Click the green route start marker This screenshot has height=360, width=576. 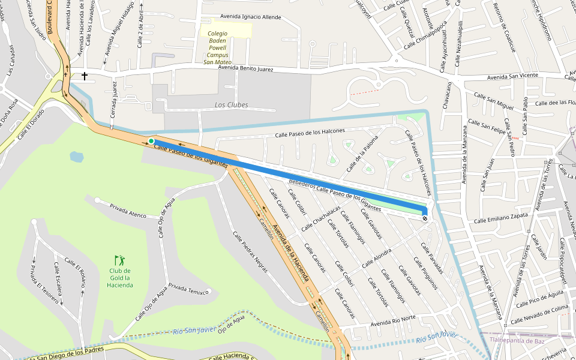[x=151, y=141]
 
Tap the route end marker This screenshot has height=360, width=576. [x=425, y=218]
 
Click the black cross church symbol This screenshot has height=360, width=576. [x=85, y=76]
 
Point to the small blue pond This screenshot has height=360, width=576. [x=77, y=157]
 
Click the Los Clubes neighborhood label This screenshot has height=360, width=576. [x=231, y=105]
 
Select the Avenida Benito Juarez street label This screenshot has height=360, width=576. [x=245, y=69]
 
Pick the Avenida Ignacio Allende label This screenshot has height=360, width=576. [x=250, y=17]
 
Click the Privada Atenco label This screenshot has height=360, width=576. [x=128, y=211]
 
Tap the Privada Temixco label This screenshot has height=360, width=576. [x=189, y=289]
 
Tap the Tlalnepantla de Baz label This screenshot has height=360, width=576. [x=517, y=340]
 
